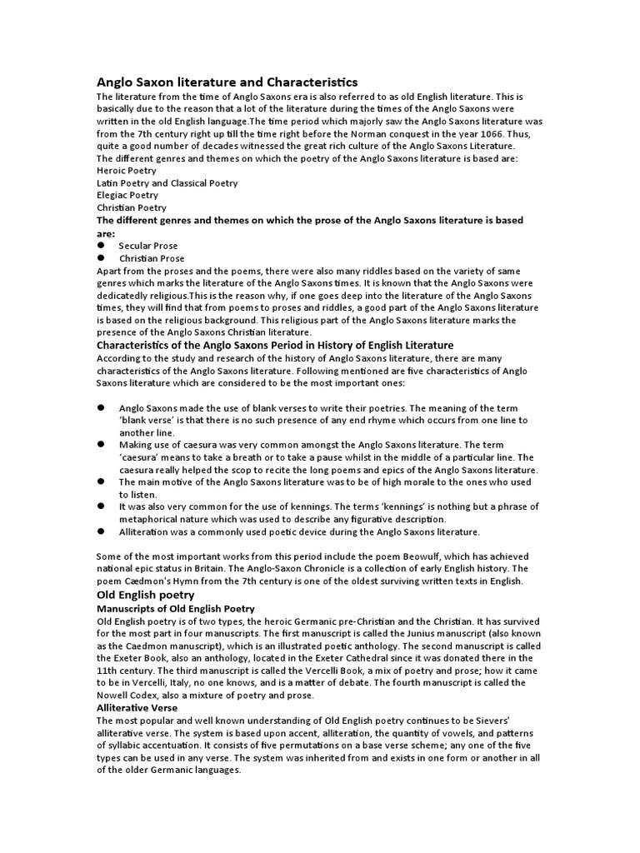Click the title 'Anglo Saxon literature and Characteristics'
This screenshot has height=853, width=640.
227,82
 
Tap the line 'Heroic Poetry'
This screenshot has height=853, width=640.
126,170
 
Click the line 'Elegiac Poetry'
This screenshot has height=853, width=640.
127,195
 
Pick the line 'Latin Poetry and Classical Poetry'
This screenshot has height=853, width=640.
167,182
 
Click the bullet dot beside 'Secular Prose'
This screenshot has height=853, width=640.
100,246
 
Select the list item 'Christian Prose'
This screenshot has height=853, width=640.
152,258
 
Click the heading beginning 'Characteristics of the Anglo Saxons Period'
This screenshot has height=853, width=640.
276,345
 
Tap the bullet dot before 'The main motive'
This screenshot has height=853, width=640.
100,481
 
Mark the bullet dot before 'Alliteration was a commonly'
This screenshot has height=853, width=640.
100,531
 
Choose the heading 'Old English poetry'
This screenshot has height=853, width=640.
146,595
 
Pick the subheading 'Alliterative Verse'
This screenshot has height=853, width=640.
137,707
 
